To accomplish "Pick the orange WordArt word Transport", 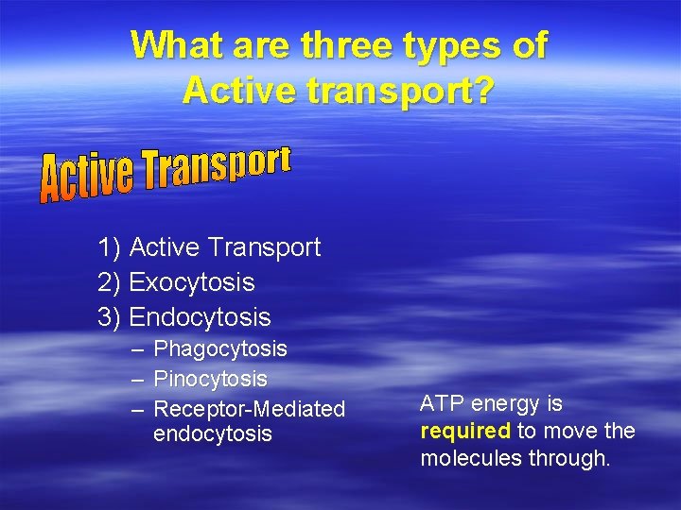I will pyautogui.click(x=218, y=168).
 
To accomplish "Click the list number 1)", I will pyautogui.click(x=109, y=248).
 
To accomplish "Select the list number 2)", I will pyautogui.click(x=109, y=282).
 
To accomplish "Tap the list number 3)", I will pyautogui.click(x=109, y=317).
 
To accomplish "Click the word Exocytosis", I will pyautogui.click(x=192, y=282).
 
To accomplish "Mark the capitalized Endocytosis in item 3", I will pyautogui.click(x=200, y=317).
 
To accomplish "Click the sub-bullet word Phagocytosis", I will pyautogui.click(x=220, y=349).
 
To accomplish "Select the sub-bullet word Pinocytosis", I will pyautogui.click(x=210, y=380).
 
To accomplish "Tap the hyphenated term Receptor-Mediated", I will pyautogui.click(x=250, y=409).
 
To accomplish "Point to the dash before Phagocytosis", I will pyautogui.click(x=138, y=349).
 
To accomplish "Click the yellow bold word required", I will pyautogui.click(x=465, y=432).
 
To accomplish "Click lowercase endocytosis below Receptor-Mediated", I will pyautogui.click(x=213, y=434).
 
